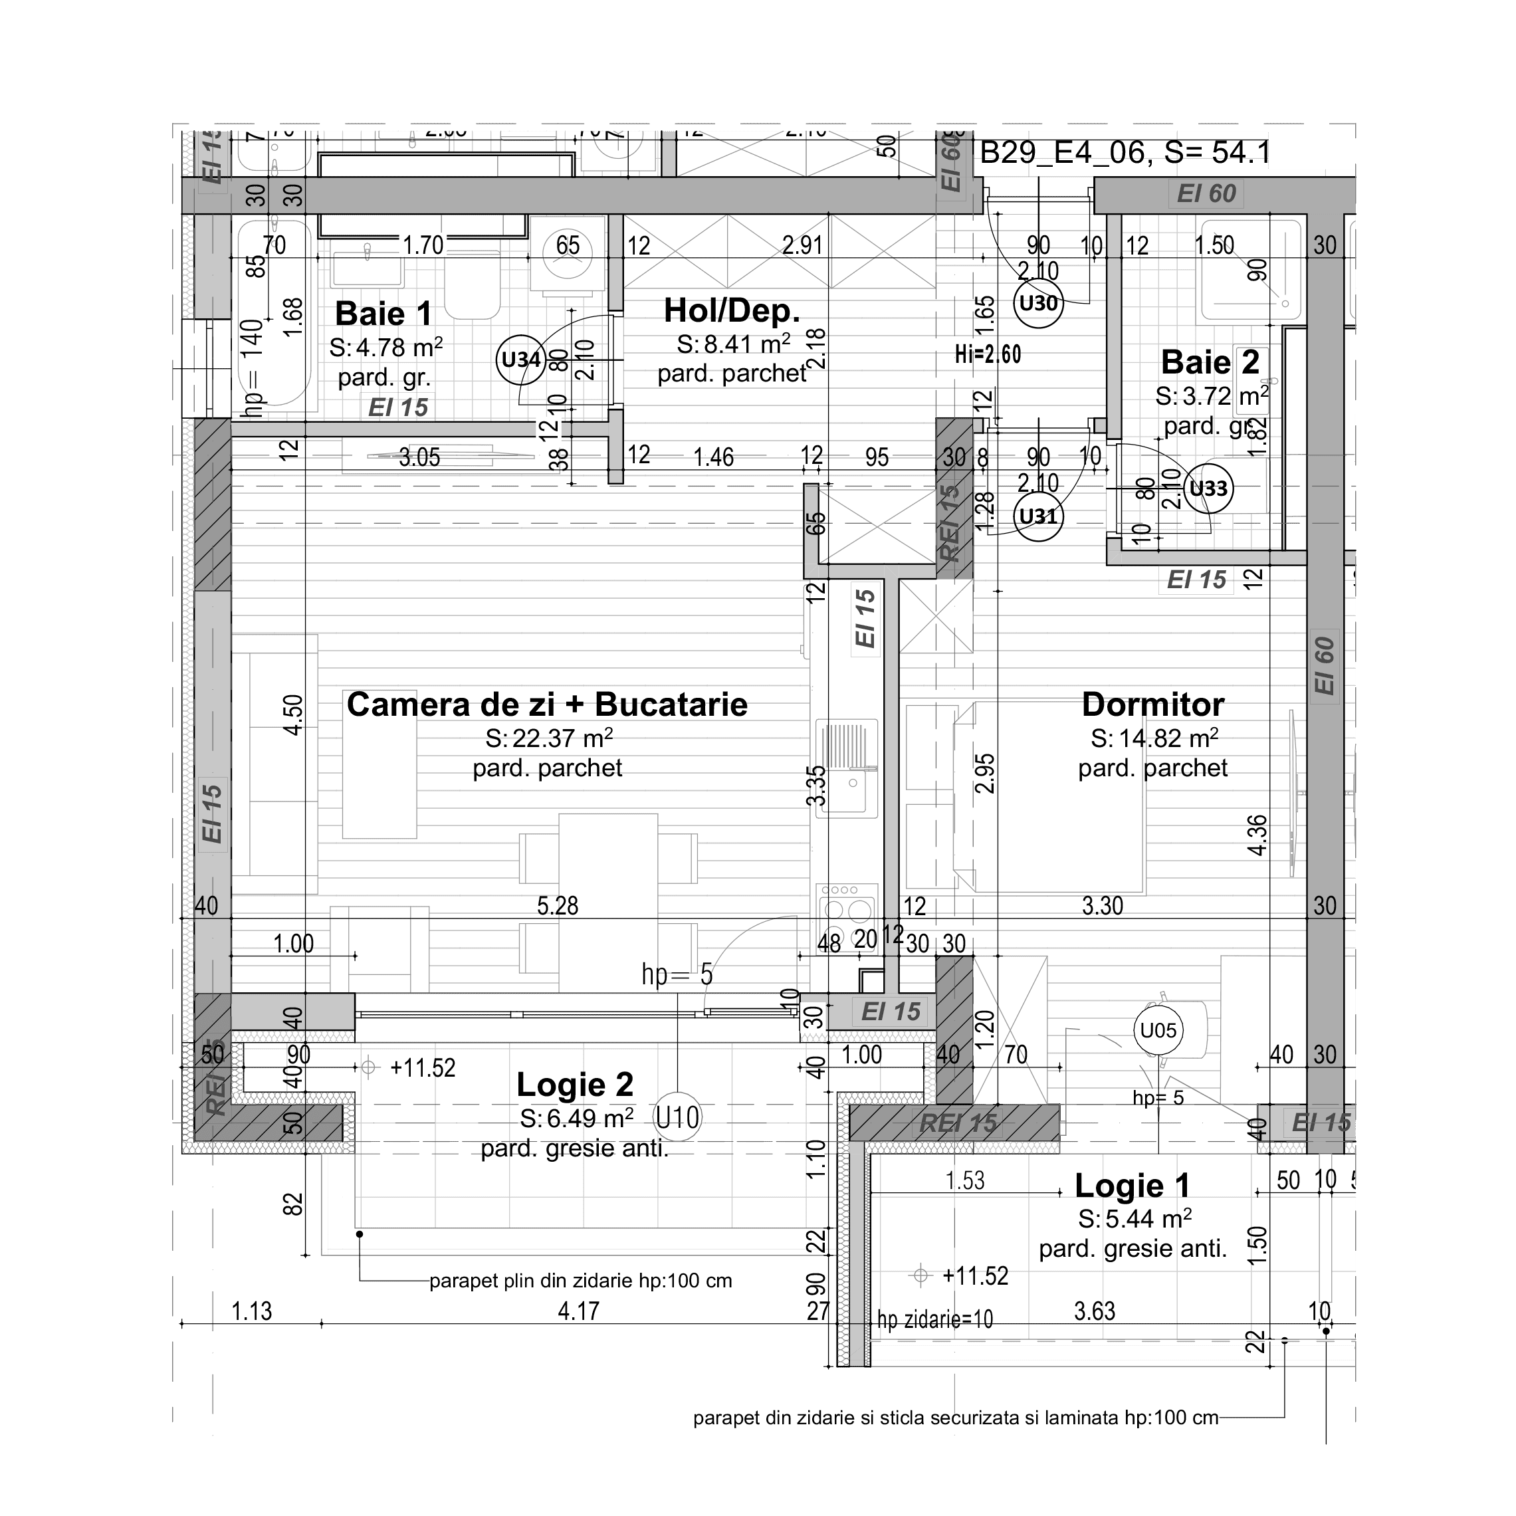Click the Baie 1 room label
click(383, 314)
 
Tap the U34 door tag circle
click(521, 360)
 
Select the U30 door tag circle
click(1038, 303)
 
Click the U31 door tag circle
click(1038, 516)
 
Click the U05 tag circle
click(1158, 1030)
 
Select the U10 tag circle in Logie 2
click(677, 1117)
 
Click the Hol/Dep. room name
click(731, 311)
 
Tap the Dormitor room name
click(1152, 704)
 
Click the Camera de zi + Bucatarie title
click(547, 704)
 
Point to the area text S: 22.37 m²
click(548, 738)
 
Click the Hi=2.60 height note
click(988, 355)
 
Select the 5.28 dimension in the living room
click(557, 905)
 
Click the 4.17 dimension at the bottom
click(578, 1311)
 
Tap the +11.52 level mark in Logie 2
click(422, 1068)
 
